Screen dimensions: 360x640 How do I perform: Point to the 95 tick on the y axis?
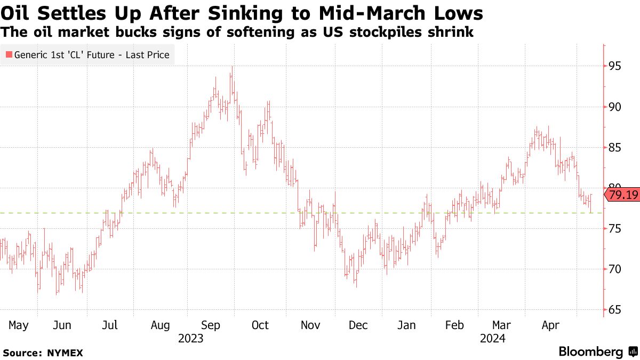click(614, 66)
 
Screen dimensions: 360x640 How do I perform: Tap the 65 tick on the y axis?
click(614, 309)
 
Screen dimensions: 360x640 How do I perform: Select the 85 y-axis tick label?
click(614, 147)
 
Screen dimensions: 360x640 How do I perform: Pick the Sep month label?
click(211, 325)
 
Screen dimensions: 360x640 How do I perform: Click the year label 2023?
click(191, 338)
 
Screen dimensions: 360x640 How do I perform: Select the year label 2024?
click(493, 338)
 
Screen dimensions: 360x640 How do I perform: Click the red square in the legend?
click(8, 54)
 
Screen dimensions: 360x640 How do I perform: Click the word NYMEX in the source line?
click(65, 353)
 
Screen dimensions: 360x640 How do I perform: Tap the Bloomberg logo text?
click(591, 352)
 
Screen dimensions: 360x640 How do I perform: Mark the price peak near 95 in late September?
click(231, 67)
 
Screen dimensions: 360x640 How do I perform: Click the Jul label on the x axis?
click(110, 325)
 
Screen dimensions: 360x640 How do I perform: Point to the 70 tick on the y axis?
click(614, 269)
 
